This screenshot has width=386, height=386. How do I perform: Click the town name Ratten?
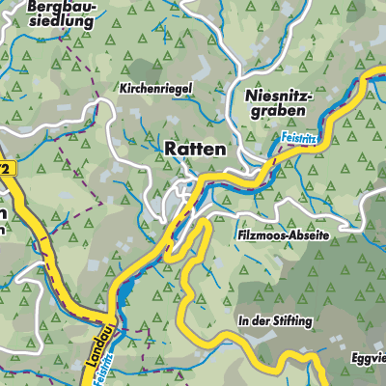pyautogui.click(x=195, y=150)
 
